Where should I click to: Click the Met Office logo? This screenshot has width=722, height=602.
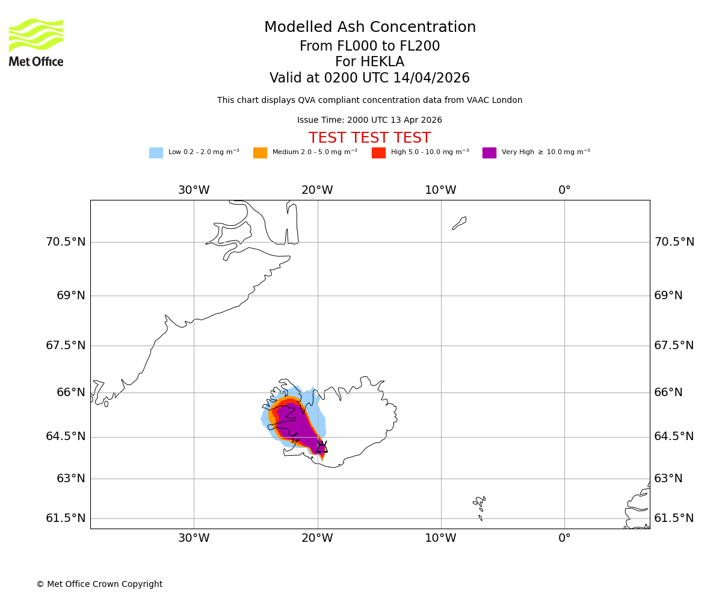tap(36, 42)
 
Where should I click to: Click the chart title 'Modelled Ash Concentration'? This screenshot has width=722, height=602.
tap(370, 28)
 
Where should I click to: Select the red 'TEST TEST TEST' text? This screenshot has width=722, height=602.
tap(369, 138)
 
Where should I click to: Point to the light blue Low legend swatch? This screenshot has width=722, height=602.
tap(156, 153)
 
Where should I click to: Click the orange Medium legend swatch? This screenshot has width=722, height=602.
tap(260, 153)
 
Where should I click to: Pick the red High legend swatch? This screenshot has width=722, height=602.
tap(378, 153)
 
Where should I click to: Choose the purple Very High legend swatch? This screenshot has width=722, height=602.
tap(489, 153)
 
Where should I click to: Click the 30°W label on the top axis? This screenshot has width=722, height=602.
tap(194, 190)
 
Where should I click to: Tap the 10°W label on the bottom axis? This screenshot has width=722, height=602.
tap(440, 538)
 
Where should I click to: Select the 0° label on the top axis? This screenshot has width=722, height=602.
tap(564, 190)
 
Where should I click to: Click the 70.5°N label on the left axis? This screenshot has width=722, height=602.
tap(66, 242)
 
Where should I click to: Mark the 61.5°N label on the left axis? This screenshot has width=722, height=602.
tap(66, 518)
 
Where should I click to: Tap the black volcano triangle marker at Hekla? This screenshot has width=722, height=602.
tap(322, 447)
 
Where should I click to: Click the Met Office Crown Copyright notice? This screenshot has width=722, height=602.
tap(99, 584)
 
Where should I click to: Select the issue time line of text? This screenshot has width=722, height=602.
tap(369, 120)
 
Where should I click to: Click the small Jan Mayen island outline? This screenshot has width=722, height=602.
tap(459, 223)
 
